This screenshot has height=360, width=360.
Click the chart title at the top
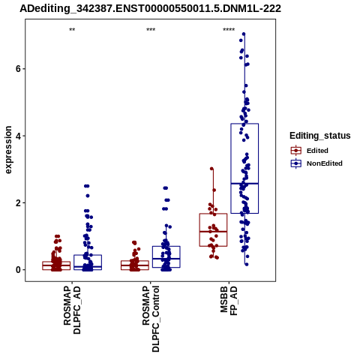150,8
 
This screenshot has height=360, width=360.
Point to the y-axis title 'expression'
8,150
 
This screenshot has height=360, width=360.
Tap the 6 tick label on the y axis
18,69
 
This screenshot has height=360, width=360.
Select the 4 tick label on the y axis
18,136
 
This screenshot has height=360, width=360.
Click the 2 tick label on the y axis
18,203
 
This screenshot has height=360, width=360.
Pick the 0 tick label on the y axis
18,270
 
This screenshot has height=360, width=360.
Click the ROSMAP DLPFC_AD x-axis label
72,310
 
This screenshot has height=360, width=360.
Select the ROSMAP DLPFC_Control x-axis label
151,319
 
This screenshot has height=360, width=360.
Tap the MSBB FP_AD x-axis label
229,301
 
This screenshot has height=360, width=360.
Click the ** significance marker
72,30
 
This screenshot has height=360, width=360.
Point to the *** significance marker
151,30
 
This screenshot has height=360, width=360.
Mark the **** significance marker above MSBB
229,30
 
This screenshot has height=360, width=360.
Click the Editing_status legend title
320,136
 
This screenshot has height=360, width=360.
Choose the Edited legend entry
317,151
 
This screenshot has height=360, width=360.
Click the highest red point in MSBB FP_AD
211,169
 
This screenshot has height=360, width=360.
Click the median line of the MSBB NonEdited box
244,184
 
